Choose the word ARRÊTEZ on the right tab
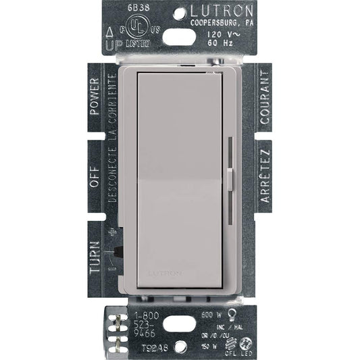265,178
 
